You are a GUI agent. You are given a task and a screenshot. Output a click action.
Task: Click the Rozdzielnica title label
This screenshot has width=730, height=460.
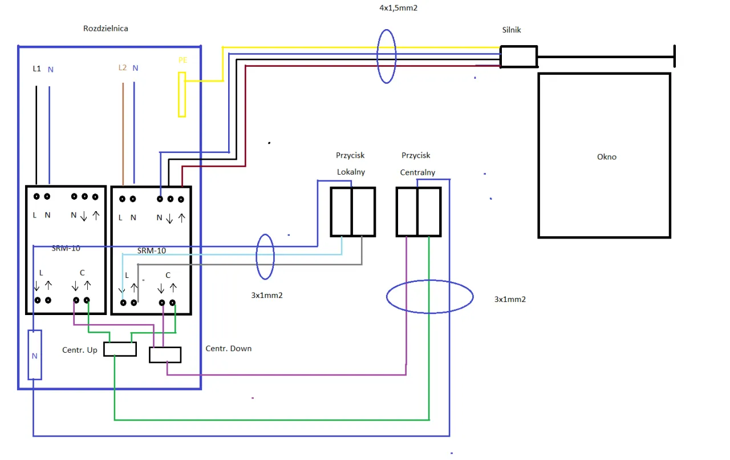click(x=106, y=29)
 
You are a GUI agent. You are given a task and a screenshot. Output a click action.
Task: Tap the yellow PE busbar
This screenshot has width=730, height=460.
click(x=182, y=95)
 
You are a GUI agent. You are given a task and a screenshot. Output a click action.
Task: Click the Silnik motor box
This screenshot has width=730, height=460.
click(x=518, y=57)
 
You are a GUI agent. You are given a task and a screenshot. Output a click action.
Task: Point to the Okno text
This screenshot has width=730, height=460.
click(x=606, y=157)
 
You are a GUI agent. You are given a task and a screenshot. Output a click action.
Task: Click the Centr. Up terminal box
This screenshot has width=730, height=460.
click(x=120, y=349)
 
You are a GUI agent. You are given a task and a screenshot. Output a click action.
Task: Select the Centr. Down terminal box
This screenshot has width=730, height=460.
click(x=165, y=355)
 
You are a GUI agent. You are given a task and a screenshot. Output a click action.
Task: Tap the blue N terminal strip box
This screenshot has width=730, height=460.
click(x=35, y=355)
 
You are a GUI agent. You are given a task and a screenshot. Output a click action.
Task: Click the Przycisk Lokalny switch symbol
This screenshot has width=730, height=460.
click(x=352, y=212)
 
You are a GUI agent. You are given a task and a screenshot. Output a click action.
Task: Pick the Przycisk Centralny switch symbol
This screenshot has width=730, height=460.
click(x=418, y=212)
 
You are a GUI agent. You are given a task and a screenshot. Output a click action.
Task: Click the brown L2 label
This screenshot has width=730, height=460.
click(x=122, y=67)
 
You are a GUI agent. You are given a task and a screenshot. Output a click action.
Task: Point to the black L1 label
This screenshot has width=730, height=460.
click(x=36, y=68)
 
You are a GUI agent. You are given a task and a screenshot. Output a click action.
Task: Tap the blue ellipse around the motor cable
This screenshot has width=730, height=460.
click(x=386, y=56)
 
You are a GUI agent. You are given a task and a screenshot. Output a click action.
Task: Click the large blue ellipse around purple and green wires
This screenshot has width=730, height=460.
click(x=429, y=297)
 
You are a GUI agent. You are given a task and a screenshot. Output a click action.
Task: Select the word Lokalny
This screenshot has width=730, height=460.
click(x=351, y=172)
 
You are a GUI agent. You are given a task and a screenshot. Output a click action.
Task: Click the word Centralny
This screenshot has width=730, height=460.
click(x=417, y=172)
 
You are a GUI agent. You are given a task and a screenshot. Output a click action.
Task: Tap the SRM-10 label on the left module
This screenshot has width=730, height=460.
click(x=66, y=248)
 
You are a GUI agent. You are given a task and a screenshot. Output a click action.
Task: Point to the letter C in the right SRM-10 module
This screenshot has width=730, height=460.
click(x=168, y=275)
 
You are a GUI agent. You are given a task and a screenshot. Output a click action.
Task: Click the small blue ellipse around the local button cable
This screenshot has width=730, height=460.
click(x=265, y=257)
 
